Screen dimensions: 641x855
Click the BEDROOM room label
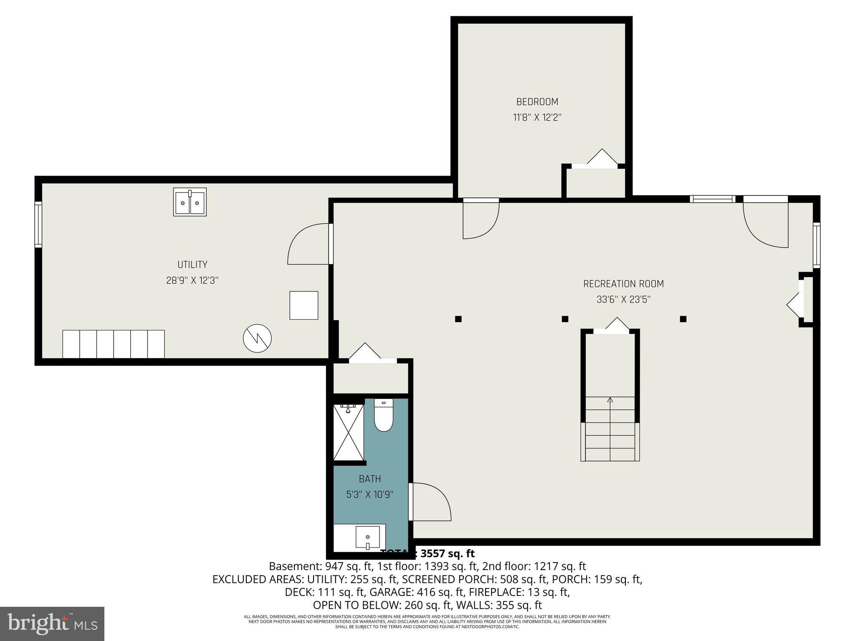pyautogui.click(x=537, y=102)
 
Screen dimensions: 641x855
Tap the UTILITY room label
pyautogui.click(x=192, y=265)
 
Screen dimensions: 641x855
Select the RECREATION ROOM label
pyautogui.click(x=623, y=284)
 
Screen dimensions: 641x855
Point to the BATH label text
pyautogui.click(x=369, y=479)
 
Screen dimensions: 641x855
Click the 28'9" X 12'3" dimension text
pyautogui.click(x=192, y=280)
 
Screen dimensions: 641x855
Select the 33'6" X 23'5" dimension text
pyautogui.click(x=623, y=300)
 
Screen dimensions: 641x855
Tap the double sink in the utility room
pyautogui.click(x=190, y=202)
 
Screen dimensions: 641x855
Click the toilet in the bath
pyautogui.click(x=383, y=415)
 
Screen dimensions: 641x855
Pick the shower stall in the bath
pyautogui.click(x=348, y=432)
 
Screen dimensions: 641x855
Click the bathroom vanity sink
pyautogui.click(x=367, y=537)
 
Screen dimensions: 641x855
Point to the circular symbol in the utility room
pyautogui.click(x=257, y=338)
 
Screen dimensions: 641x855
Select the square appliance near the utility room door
pyautogui.click(x=304, y=305)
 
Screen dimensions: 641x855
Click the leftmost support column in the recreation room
pyautogui.click(x=458, y=319)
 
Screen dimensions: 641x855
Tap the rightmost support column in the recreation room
pyautogui.click(x=683, y=319)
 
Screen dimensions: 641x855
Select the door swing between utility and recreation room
pyautogui.click(x=309, y=245)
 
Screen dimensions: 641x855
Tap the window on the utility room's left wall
pyautogui.click(x=38, y=225)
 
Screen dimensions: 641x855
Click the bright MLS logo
pyautogui.click(x=52, y=623)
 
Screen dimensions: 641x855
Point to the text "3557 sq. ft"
pyautogui.click(x=447, y=554)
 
